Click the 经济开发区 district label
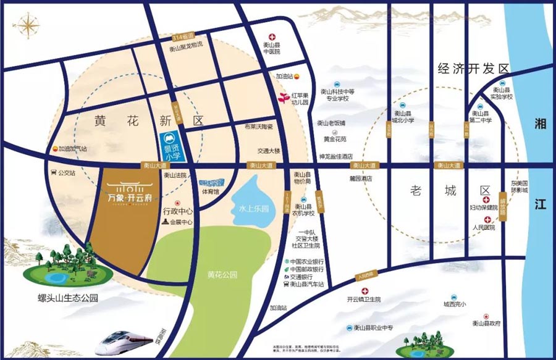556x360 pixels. pyautogui.click(x=471, y=68)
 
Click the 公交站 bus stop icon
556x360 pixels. pyautogui.click(x=54, y=173)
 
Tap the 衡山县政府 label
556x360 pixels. pyautogui.click(x=486, y=323)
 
